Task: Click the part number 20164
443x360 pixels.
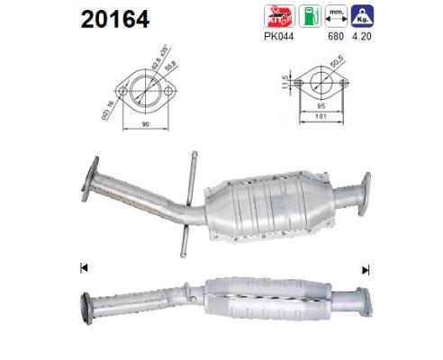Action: (115, 19)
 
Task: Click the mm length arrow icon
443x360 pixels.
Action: (338, 15)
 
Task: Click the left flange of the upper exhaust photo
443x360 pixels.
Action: (89, 179)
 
